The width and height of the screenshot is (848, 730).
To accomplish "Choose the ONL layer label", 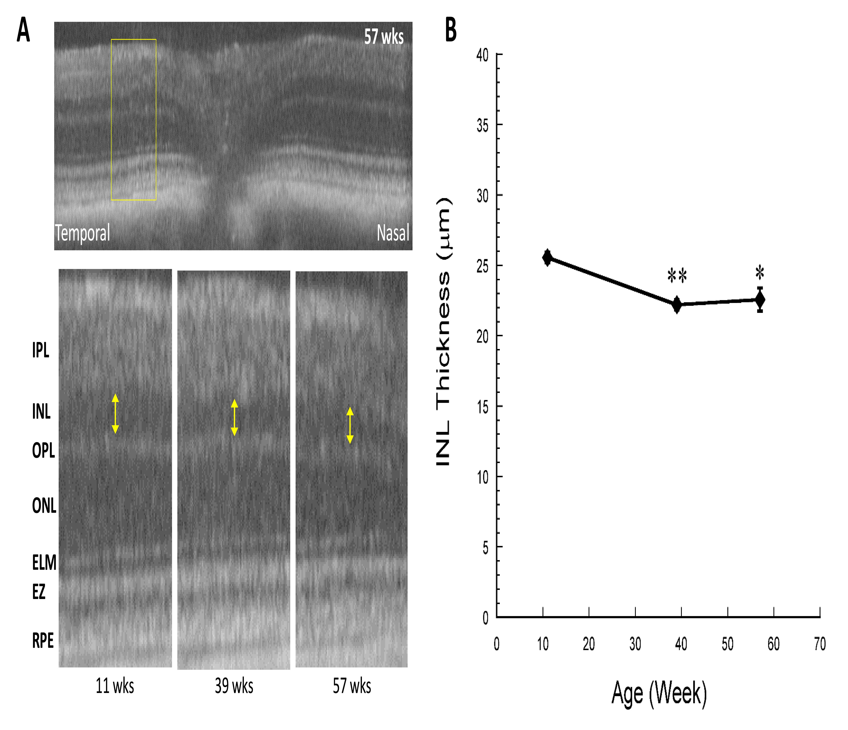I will (44, 506).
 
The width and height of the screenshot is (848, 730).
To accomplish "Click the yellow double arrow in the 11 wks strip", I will (115, 414).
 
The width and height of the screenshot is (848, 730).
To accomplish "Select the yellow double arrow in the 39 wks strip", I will (234, 417).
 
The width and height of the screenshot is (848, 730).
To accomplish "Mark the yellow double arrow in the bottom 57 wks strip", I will (350, 425).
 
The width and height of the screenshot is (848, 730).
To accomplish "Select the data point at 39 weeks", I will (677, 304).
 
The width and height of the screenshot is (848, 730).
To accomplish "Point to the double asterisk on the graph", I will (677, 276).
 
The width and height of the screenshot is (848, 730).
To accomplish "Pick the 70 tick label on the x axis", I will (820, 644).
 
